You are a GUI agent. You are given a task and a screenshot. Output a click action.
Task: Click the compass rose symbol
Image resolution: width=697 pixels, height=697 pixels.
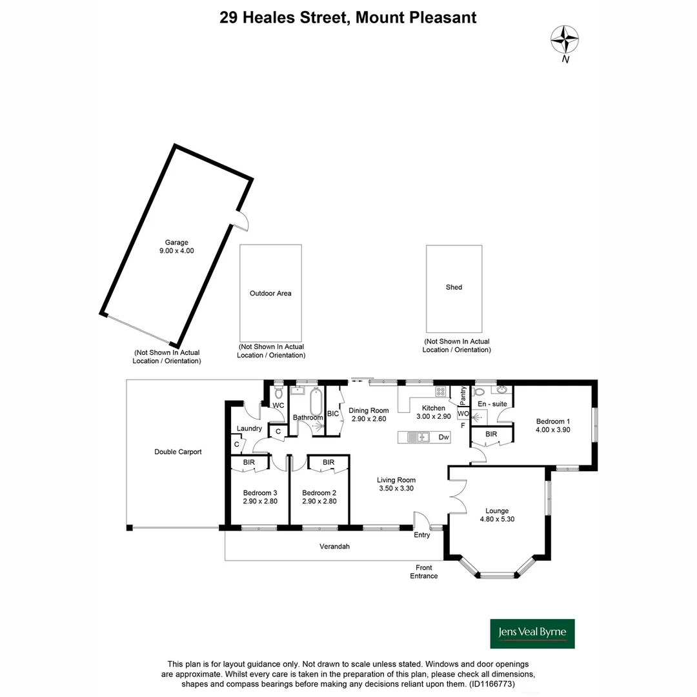(565, 39)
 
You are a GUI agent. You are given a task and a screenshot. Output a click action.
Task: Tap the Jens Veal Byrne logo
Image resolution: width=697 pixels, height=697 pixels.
(532, 634)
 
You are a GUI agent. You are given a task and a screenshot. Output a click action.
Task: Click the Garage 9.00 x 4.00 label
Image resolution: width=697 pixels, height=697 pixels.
(176, 247)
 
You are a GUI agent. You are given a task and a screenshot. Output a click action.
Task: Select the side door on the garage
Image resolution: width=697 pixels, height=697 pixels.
(240, 222)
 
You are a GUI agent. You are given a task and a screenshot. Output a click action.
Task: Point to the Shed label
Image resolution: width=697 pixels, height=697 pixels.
(454, 287)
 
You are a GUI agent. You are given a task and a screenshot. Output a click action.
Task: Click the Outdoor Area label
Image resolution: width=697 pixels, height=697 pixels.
(270, 293)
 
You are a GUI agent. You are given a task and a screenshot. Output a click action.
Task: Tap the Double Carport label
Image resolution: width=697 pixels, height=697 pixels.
(177, 452)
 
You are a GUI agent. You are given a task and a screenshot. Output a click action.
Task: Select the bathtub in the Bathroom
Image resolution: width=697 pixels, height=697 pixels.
(316, 403)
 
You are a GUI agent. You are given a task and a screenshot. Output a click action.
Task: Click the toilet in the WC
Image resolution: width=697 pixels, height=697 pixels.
(279, 392)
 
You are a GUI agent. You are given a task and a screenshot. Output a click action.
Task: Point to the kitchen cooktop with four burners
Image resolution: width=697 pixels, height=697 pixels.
(440, 391)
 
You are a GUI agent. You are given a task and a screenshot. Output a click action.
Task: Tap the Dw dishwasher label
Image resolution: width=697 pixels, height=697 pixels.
(443, 438)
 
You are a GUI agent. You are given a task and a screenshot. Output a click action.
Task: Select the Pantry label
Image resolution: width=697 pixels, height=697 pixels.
(463, 395)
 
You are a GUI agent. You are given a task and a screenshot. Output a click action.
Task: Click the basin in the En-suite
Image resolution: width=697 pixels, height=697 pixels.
(502, 390)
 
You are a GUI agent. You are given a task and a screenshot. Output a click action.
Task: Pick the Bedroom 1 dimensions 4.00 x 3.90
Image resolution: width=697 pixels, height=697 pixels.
(553, 430)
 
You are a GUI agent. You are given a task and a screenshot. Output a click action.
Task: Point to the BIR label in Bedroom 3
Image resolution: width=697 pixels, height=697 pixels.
(248, 462)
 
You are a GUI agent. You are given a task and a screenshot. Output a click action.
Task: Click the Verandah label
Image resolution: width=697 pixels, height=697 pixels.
(334, 547)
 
